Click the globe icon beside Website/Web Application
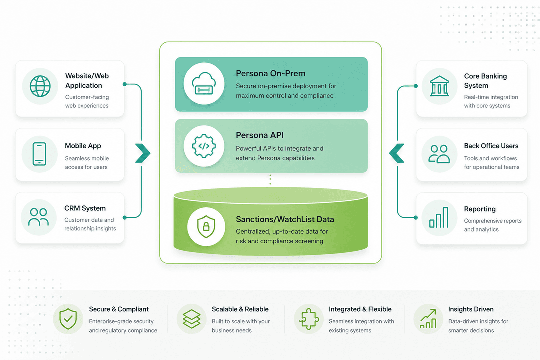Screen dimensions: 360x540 pos(40,86)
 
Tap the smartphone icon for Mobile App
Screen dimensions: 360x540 pos(39,154)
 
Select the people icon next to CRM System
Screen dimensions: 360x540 pos(38,217)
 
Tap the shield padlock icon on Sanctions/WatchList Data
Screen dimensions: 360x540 pos(203,227)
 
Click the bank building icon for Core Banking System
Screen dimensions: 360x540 pos(439,86)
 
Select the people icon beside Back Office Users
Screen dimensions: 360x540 pos(439,154)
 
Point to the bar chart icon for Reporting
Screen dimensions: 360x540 pos(438,217)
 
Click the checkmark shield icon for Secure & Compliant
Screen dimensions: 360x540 pos(68,319)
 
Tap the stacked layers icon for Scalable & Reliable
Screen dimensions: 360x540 pos(191,319)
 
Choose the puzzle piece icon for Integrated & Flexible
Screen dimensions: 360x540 pos(309,319)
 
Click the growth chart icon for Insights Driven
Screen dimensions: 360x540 pos(428,319)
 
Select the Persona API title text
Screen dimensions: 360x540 pos(260,135)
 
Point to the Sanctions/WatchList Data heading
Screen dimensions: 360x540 pos(285,219)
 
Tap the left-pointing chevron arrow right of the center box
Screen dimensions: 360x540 pos(397,153)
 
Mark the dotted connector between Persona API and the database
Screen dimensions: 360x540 pos(270,180)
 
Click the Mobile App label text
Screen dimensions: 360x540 pos(83,146)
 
